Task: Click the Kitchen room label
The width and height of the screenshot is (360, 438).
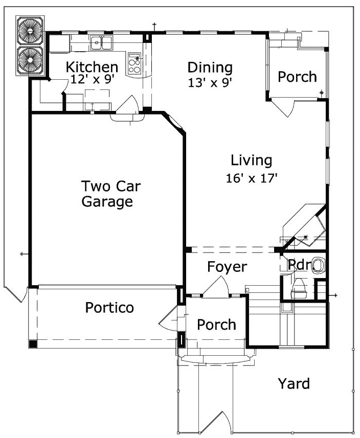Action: [92, 67]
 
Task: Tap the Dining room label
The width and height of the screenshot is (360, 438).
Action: [210, 67]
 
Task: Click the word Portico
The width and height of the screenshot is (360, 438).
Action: [109, 308]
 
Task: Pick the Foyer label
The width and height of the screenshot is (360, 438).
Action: [227, 267]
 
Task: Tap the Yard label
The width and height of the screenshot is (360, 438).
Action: [294, 383]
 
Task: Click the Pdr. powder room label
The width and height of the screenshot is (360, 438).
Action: [297, 265]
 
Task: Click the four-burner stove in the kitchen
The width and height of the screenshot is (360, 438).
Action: [135, 62]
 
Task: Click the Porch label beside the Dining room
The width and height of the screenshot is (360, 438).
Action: [297, 77]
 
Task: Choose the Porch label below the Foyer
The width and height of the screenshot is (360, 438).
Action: [217, 325]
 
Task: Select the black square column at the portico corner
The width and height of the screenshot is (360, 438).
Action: [33, 343]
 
